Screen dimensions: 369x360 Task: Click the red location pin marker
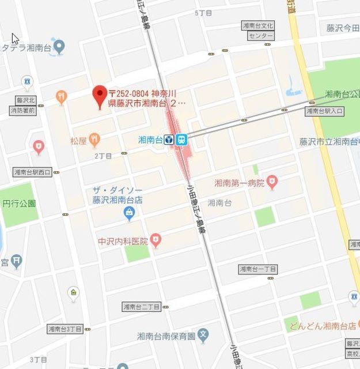pyautogui.click(x=100, y=93)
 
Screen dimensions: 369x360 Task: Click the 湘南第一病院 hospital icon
pyautogui.click(x=272, y=183)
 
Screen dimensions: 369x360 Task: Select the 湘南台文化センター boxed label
pyautogui.click(x=260, y=31)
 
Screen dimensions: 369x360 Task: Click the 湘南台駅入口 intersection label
pyautogui.click(x=324, y=111)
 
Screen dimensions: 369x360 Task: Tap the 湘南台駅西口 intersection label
pyautogui.click(x=32, y=172)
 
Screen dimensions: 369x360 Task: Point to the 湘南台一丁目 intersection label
pyautogui.click(x=258, y=269)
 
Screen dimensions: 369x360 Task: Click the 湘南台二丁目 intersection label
pyautogui.click(x=141, y=306)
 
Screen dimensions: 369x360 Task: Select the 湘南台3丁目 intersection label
pyautogui.click(x=65, y=329)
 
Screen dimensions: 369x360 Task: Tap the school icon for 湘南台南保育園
pyautogui.click(x=203, y=334)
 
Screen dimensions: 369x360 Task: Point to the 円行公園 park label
pyautogui.click(x=19, y=204)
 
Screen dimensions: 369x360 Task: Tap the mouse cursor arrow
pyautogui.click(x=15, y=38)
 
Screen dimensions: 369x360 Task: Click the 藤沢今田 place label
pyautogui.click(x=343, y=28)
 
